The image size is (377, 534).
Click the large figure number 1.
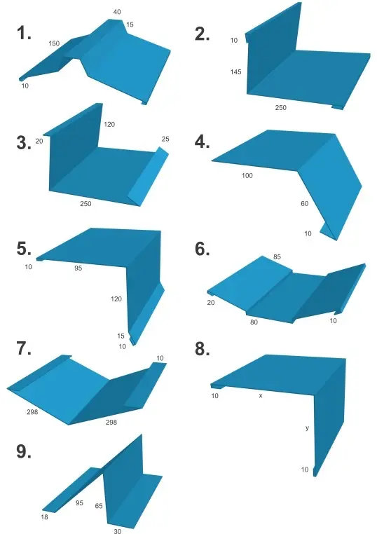tap(24, 34)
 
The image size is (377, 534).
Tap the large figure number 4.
tap(202, 142)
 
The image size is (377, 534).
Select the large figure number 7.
tap(24, 348)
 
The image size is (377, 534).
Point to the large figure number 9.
tap(24, 451)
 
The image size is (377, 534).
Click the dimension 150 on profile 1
tap(54, 43)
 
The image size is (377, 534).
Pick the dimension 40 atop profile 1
tap(117, 12)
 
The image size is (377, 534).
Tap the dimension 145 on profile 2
tap(235, 71)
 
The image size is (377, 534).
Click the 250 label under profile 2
tap(280, 108)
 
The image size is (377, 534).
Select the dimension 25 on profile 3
tap(165, 139)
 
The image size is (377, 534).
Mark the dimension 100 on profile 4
tap(247, 175)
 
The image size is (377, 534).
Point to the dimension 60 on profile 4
tap(304, 204)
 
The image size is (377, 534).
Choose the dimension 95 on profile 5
tap(78, 268)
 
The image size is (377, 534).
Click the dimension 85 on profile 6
tap(277, 256)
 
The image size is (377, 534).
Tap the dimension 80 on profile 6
tap(254, 322)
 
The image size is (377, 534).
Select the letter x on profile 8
tap(261, 396)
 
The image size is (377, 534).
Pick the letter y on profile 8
tap(307, 428)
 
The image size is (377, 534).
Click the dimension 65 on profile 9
tap(99, 506)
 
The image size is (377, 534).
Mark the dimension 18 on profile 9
tap(44, 517)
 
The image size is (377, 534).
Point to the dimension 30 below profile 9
tap(118, 530)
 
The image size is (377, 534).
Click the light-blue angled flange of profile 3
tap(149, 178)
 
